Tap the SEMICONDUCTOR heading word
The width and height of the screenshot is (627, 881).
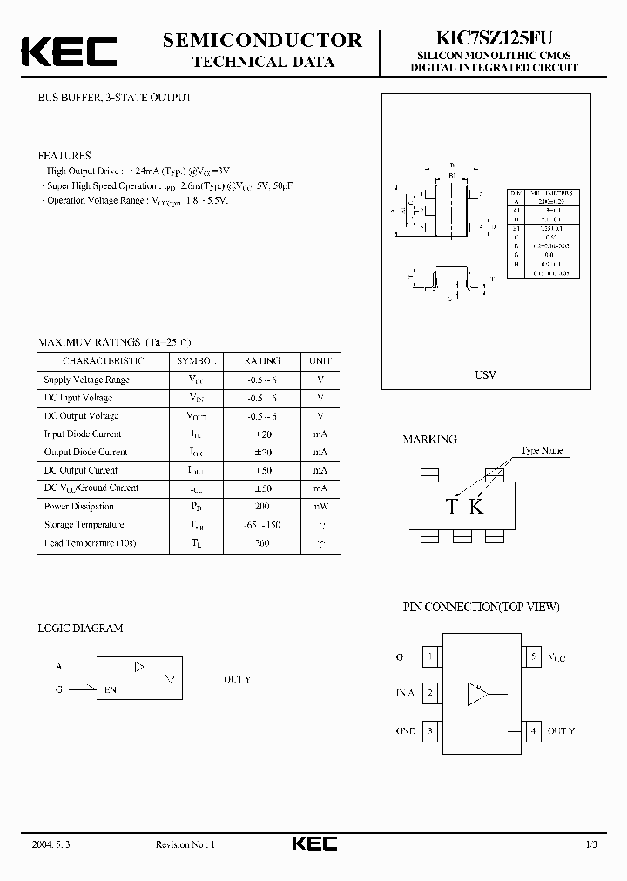pos(262,40)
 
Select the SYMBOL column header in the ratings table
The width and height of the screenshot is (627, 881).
pos(196,360)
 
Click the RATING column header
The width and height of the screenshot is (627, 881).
pos(262,360)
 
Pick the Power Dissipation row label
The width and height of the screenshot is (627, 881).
pos(79,507)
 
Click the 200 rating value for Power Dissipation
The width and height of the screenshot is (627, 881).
pos(262,507)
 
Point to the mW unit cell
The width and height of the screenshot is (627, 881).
pos(320,507)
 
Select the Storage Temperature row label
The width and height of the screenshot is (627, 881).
pos(84,525)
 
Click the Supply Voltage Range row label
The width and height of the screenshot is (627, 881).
pos(86,380)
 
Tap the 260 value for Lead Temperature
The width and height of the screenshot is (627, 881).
pos(262,543)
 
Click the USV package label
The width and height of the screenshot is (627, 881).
pos(485,374)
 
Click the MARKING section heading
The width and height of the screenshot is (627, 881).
pos(429,440)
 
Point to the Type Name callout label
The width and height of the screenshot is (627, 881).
pos(542,451)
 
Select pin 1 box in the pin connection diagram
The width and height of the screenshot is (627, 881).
pos(429,657)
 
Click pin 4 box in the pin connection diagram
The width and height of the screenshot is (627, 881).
pos(533,731)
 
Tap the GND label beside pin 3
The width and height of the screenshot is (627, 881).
pos(405,731)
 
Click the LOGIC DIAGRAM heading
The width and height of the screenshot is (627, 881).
pos(81,628)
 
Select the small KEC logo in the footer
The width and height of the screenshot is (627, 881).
pos(313,844)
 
